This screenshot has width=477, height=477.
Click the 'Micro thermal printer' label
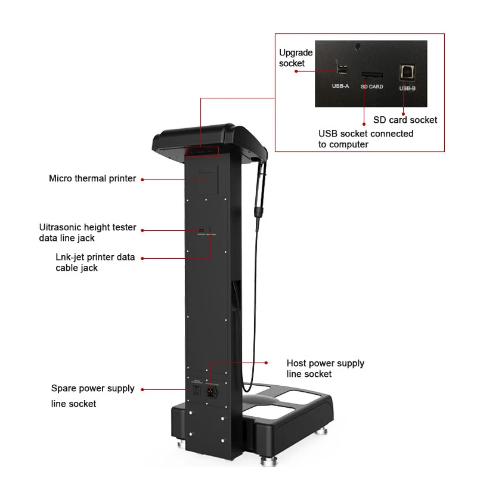coord(92,178)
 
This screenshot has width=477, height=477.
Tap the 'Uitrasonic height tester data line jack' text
coord(87,233)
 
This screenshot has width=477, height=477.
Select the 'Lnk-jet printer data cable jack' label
coord(95,262)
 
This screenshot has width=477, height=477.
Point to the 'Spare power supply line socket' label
coord(92,396)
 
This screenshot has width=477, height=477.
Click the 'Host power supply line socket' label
coord(325,368)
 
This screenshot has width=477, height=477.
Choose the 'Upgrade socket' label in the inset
coord(296,58)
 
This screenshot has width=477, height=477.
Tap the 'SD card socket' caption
coord(405,120)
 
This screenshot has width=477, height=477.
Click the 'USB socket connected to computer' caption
coord(366,139)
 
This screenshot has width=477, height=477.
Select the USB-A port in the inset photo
coord(341,69)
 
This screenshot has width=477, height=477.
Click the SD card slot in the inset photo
coord(371,75)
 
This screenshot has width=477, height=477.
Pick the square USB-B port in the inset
coord(407,70)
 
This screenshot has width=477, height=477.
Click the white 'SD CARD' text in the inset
coord(371,87)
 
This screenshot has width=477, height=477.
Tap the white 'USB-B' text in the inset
coord(407,88)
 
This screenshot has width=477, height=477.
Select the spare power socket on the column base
coord(195,391)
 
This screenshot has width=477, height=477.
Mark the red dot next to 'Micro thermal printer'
coord(142,178)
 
